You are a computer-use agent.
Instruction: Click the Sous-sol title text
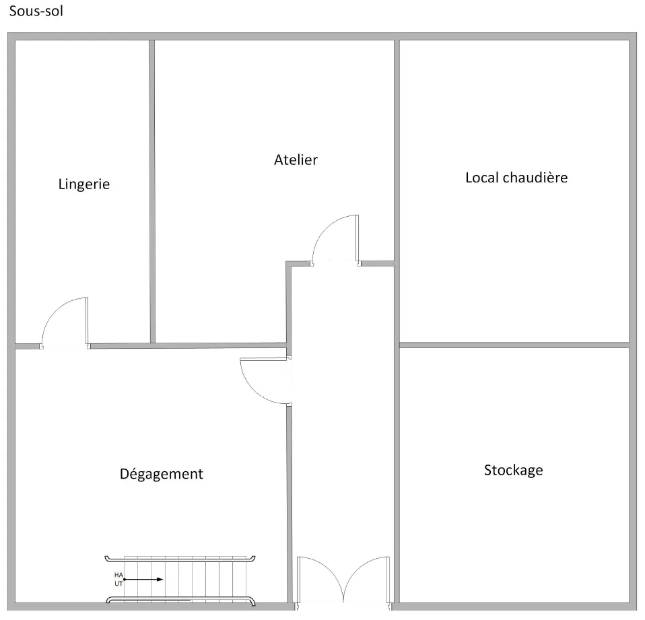pos(36,11)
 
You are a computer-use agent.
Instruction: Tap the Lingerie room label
pos(84,184)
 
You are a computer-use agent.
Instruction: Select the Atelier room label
pos(296,160)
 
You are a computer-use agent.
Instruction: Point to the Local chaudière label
pos(516,177)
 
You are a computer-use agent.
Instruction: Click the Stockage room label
pos(513,470)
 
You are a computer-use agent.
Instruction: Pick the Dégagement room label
pos(162,473)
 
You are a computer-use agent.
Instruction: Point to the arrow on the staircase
pos(143,579)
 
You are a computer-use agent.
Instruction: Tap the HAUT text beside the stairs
pos(118,579)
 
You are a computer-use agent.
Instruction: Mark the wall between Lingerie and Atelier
pos(152,191)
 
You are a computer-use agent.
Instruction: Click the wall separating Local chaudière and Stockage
pos(514,345)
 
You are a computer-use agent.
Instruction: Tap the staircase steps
pos(185,579)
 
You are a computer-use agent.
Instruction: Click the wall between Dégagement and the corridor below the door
pos(290,504)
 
